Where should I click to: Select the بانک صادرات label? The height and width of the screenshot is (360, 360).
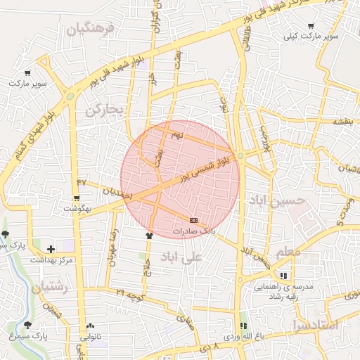click(x=196, y=230)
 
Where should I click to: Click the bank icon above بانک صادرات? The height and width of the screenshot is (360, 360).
click(x=194, y=220)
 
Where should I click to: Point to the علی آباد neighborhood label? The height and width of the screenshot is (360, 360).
click(x=181, y=256)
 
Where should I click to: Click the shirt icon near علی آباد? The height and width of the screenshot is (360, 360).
click(x=148, y=236)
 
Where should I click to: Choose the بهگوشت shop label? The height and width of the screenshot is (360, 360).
click(x=77, y=209)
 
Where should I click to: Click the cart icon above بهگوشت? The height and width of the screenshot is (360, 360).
click(x=77, y=198)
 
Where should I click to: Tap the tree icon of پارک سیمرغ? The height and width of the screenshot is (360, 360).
click(x=27, y=325)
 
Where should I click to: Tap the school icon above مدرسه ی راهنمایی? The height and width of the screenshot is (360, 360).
click(x=284, y=276)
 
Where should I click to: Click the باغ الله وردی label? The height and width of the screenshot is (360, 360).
click(x=242, y=337)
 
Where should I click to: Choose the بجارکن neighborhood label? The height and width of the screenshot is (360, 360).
click(x=105, y=110)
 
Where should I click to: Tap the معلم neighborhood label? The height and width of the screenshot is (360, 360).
click(x=288, y=251)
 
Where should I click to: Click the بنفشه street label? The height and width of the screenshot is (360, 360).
click(x=338, y=121)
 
